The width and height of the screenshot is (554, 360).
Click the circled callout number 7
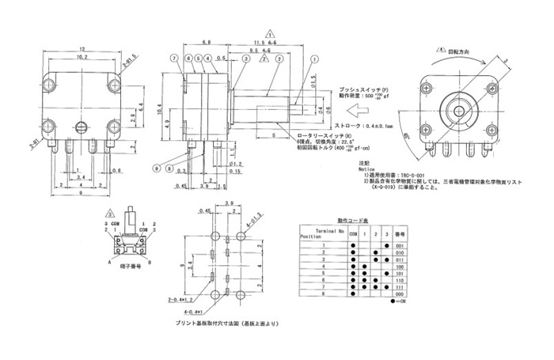[x=172, y=59]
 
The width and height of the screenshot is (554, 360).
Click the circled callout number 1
[x=315, y=58]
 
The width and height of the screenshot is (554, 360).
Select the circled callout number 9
[x=157, y=168]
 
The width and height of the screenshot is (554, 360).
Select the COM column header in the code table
[x=353, y=235]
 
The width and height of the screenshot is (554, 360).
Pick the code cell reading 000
[x=400, y=294]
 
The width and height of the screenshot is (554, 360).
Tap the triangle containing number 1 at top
[x=271, y=35]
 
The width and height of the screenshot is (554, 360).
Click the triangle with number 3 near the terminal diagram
[x=111, y=211]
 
